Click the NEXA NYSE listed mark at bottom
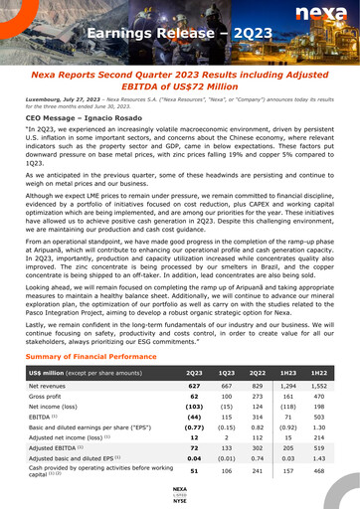click(179, 495)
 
